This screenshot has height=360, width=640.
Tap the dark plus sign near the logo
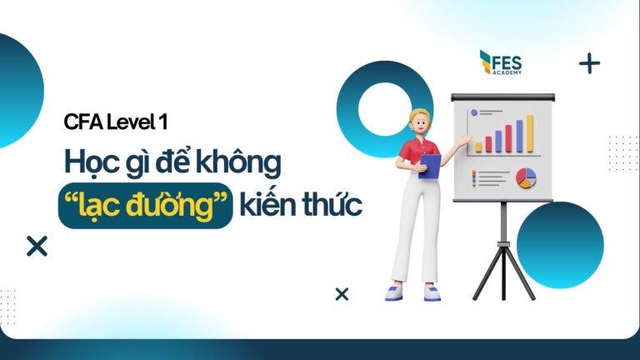[x=589, y=63]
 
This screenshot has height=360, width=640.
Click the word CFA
[x=82, y=122]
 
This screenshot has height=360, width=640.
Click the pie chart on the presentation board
[x=526, y=177]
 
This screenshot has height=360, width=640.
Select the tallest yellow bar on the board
[x=529, y=134]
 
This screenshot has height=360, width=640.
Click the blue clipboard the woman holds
[x=430, y=167]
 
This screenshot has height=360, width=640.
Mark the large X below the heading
[x=37, y=246]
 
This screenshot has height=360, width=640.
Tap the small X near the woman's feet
[x=341, y=293]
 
